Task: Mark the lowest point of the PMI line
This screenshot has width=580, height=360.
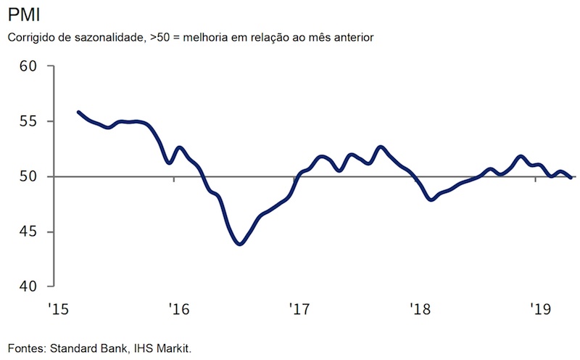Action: point(239,244)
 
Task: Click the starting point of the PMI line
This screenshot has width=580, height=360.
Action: point(78,112)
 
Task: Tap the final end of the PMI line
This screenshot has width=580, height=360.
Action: point(572,177)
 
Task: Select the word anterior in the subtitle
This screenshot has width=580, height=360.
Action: point(350,36)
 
